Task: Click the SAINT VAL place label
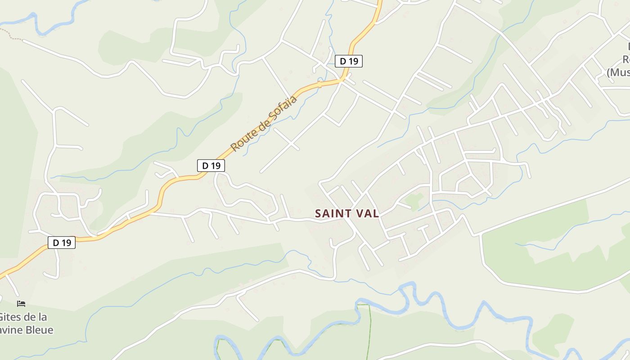(x=347, y=213)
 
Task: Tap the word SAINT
(x=330, y=213)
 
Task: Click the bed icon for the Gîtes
(x=21, y=304)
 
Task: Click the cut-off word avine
(x=11, y=330)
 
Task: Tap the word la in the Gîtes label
(x=42, y=317)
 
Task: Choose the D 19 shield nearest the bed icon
(x=62, y=243)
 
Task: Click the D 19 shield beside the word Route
(x=211, y=166)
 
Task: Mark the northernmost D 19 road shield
(x=348, y=61)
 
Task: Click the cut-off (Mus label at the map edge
(x=618, y=72)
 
